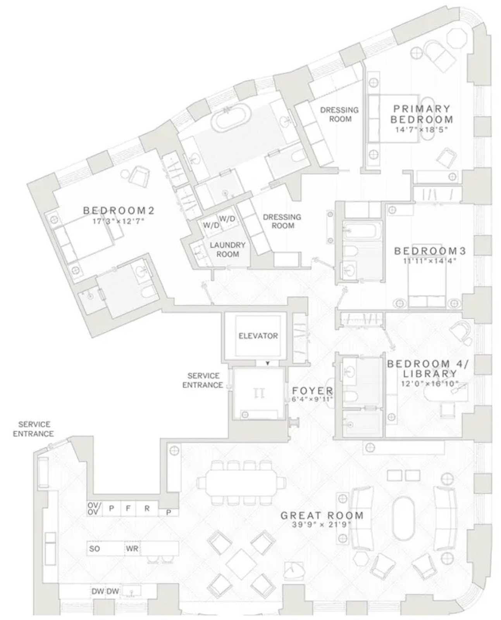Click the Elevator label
(x=258, y=336)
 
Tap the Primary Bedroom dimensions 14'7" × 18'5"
(x=421, y=130)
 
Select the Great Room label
(x=322, y=515)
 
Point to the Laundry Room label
(x=227, y=250)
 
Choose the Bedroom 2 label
(x=119, y=210)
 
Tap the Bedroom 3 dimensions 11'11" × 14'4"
(x=429, y=260)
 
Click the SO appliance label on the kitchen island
(x=95, y=549)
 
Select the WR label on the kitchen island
(x=132, y=549)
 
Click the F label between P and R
(x=128, y=508)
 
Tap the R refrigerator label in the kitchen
(x=147, y=508)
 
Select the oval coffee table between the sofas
(x=403, y=521)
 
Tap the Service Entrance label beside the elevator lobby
(x=203, y=380)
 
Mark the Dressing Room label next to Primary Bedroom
(x=339, y=114)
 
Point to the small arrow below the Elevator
(x=268, y=363)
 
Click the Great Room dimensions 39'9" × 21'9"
(x=322, y=525)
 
